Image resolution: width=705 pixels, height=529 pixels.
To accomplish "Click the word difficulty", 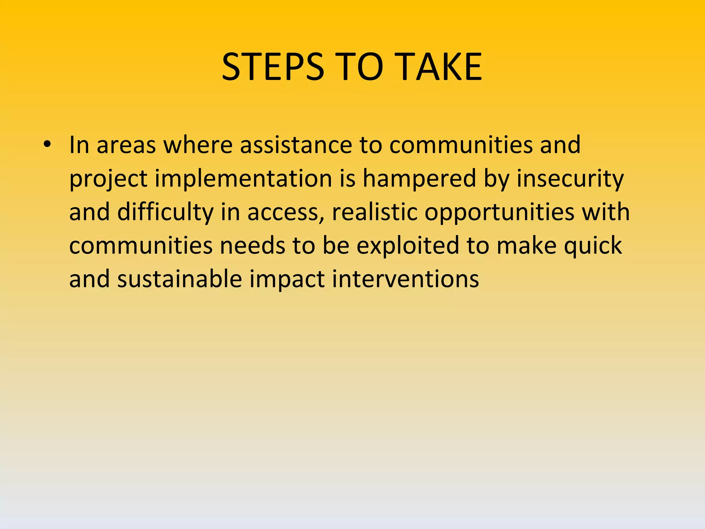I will point(165,212).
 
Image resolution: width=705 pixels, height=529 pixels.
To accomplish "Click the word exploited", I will point(408,246).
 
